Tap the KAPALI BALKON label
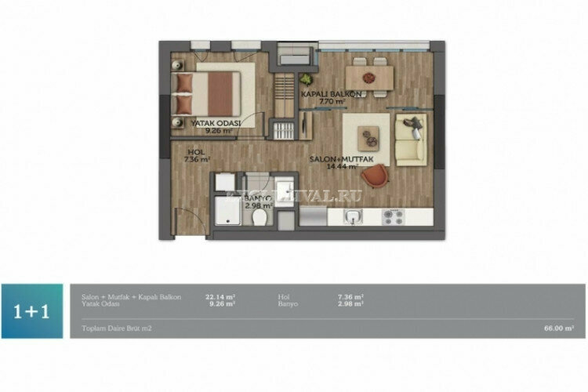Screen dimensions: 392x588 pos(332,94)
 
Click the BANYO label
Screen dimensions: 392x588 pos(257,199)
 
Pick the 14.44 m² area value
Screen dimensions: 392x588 pos(342,166)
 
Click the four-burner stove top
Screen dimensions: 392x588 pos(392,216)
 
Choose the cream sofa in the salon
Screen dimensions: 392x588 pos(409,139)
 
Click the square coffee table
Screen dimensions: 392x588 pos(368,137)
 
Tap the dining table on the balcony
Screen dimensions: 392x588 pos(369,75)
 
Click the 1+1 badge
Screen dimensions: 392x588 pos(32,310)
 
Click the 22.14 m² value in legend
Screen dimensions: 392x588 pos(216,297)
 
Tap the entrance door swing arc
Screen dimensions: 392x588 pos(186,224)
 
